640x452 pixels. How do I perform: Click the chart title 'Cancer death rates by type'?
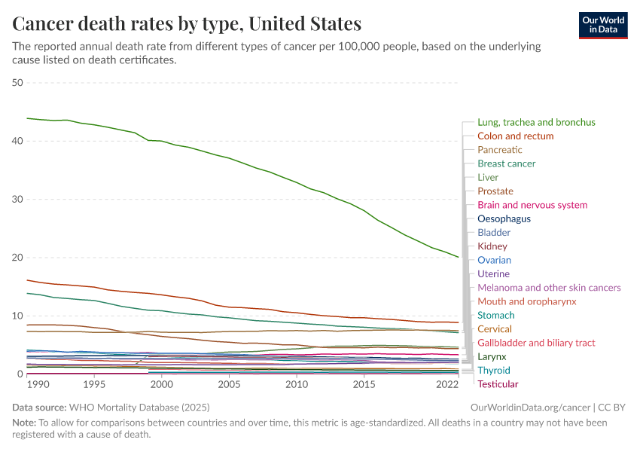187,23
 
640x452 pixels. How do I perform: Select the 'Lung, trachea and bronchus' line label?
536,122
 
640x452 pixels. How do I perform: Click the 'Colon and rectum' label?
515,136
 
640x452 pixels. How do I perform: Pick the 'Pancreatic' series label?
499,150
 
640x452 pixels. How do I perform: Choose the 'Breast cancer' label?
506,163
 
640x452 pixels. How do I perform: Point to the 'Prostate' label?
495,191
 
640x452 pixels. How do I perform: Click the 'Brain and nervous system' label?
532,205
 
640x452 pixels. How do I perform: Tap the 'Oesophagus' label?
504,218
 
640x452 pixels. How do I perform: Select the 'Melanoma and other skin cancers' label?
549,288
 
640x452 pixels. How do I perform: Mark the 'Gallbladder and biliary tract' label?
536,343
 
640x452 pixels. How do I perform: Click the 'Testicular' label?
498,384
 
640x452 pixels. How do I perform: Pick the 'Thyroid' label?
493,371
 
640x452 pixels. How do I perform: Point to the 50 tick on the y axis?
18,83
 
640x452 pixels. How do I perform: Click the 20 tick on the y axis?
18,258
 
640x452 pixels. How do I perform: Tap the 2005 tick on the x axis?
229,384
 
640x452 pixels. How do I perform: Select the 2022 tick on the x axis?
447,384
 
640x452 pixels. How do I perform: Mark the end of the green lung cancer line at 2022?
458,257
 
